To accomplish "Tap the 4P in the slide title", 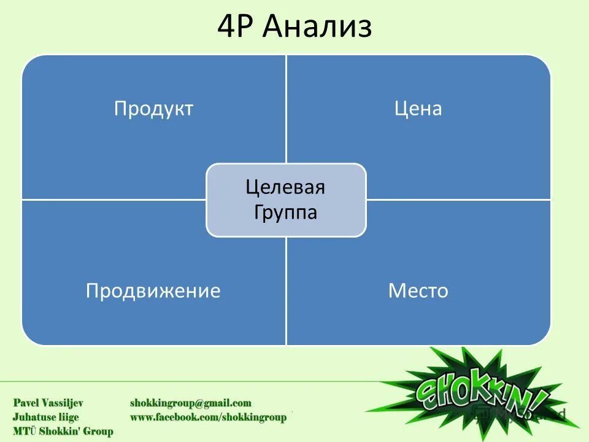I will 239,27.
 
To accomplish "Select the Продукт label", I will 153,109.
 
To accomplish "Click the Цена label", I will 418,109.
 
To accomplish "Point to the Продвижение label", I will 153,290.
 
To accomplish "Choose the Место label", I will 418,290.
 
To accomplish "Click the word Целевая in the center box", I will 285,187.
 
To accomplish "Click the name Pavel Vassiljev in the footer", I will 48,403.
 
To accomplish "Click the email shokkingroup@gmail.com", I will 190,403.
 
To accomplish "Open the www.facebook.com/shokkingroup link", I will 208,417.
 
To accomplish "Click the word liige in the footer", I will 67,417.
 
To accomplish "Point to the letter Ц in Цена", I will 399,109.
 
